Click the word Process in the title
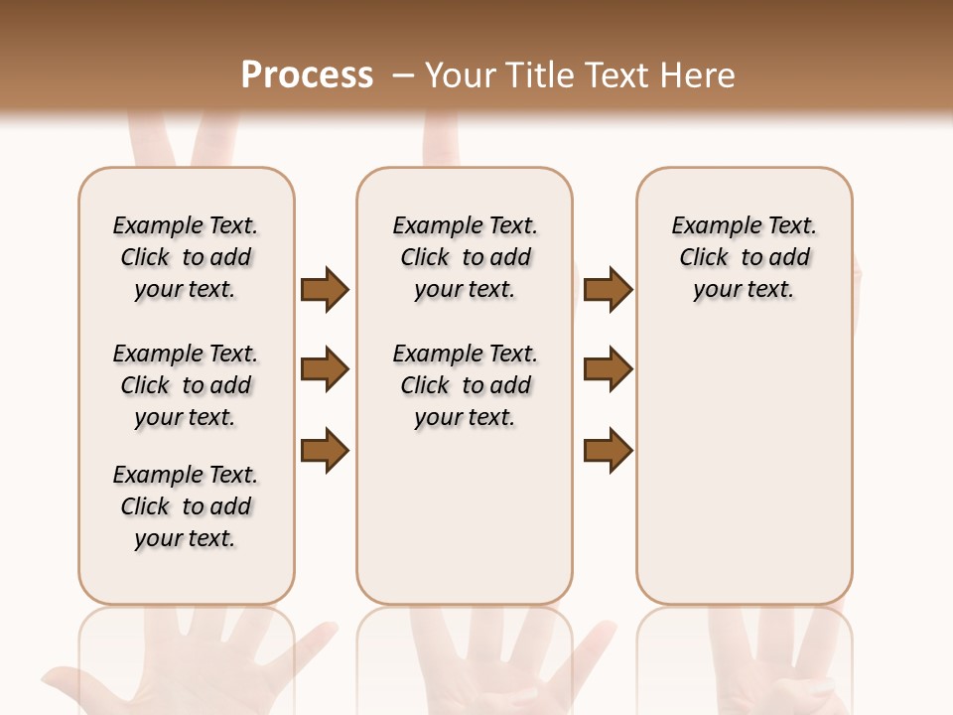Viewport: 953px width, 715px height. coord(307,74)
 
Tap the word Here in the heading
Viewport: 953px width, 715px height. coord(700,75)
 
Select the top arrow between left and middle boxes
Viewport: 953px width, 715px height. coord(325,290)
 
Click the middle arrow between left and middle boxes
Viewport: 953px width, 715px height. coord(325,370)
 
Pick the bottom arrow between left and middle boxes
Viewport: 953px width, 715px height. coord(325,450)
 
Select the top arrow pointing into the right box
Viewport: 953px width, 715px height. coord(608,290)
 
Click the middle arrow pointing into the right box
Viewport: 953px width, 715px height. coord(608,370)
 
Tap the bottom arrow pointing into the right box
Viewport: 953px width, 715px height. coord(608,450)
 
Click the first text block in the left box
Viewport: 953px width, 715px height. coord(186,257)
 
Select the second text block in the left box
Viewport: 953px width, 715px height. coord(186,385)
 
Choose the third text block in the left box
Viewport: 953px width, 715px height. coord(186,506)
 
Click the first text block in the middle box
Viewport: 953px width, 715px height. coord(465,257)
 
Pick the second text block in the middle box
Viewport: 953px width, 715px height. coord(465,385)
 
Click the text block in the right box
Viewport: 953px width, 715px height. coord(744,257)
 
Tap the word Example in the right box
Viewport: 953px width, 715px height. coord(707,226)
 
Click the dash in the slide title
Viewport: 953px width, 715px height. coord(403,75)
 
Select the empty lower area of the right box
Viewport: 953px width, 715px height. coord(744,477)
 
